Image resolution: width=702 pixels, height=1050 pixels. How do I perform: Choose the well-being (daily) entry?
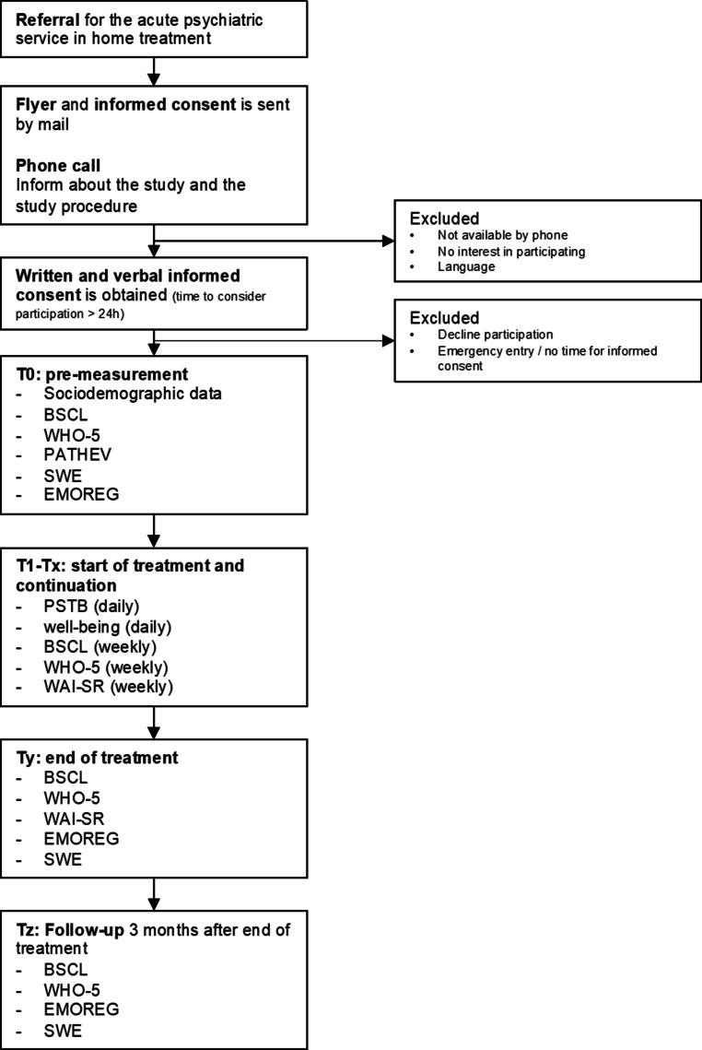[x=107, y=627]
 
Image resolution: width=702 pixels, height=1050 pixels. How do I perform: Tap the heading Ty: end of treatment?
[x=97, y=758]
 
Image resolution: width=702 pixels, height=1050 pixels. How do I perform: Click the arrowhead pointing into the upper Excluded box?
[x=386, y=242]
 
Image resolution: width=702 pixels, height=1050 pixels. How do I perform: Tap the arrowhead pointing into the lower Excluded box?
[x=386, y=340]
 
